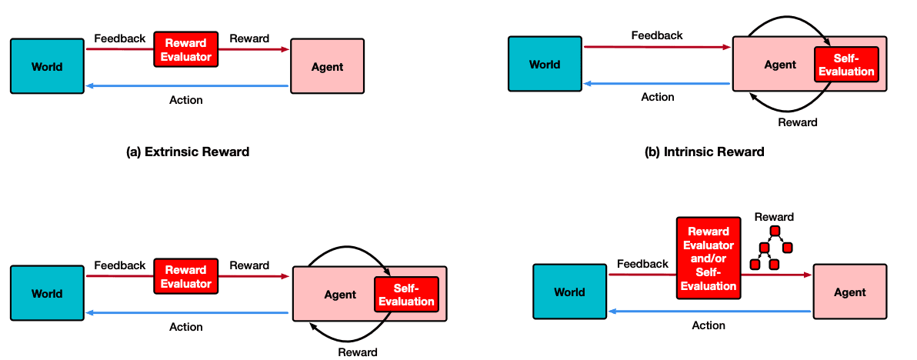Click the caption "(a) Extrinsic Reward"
pyautogui.click(x=188, y=152)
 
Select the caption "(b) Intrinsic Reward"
pyautogui.click(x=704, y=152)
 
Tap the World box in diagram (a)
pyautogui.click(x=48, y=66)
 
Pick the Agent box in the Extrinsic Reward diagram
pyautogui.click(x=328, y=66)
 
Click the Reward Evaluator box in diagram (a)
pyautogui.click(x=186, y=50)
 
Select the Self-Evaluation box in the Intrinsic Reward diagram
pyautogui.click(x=846, y=65)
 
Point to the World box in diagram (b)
pyautogui.click(x=545, y=64)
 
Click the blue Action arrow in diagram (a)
pyautogui.click(x=187, y=86)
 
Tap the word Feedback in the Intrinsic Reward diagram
pyautogui.click(x=657, y=35)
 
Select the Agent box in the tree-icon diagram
pyautogui.click(x=850, y=291)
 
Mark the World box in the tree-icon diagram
pyautogui.click(x=570, y=291)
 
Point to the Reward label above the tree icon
pyautogui.click(x=774, y=218)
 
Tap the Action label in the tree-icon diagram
pyautogui.click(x=709, y=325)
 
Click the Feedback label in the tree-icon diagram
pyautogui.click(x=642, y=264)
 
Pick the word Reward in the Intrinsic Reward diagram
pyautogui.click(x=797, y=122)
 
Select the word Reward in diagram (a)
pyautogui.click(x=249, y=38)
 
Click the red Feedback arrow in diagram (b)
pyautogui.click(x=658, y=48)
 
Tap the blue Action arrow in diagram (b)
pyautogui.click(x=658, y=84)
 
